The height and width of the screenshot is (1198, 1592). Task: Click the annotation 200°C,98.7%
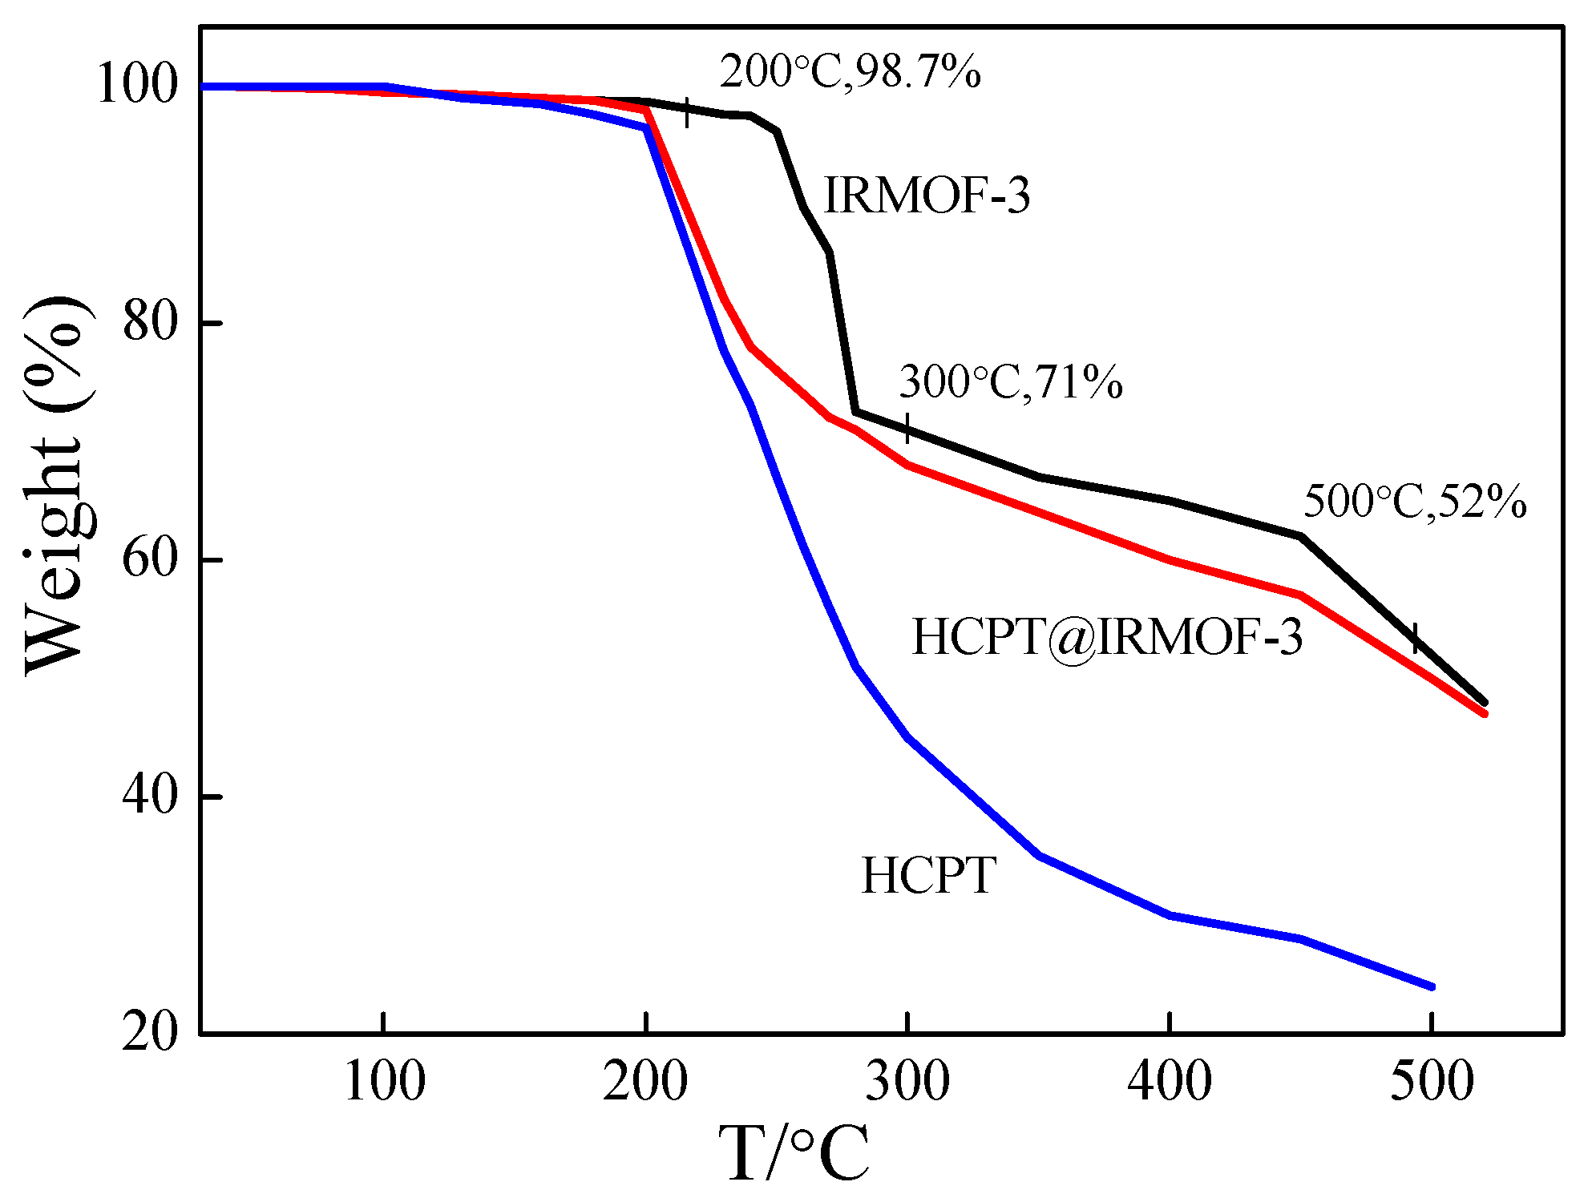tap(850, 72)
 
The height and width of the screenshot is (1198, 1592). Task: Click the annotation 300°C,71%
tap(1010, 381)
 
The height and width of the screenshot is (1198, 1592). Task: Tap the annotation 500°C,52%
tap(1415, 502)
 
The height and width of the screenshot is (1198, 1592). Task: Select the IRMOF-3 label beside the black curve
tap(927, 195)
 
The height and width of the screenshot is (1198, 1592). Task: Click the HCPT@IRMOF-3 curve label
tap(1107, 638)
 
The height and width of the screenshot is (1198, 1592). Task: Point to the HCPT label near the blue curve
tap(928, 875)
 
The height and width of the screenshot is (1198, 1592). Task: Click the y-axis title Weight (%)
tap(55, 485)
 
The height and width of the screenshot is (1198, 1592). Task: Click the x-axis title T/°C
tap(793, 1154)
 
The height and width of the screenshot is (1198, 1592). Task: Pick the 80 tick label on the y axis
tap(149, 322)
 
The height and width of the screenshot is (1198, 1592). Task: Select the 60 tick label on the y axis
tap(149, 559)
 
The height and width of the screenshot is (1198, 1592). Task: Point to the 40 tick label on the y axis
tap(149, 796)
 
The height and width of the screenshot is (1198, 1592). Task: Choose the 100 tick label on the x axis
tap(384, 1082)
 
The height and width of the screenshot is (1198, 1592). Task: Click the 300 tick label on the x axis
tap(907, 1082)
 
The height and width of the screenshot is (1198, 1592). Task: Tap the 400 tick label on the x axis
tap(1170, 1082)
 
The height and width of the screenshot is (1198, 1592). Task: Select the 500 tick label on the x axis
tap(1432, 1082)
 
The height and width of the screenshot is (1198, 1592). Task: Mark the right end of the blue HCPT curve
tap(1432, 986)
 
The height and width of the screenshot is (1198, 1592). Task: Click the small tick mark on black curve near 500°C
tap(1415, 637)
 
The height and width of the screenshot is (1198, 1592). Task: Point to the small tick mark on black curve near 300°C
tap(907, 428)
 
